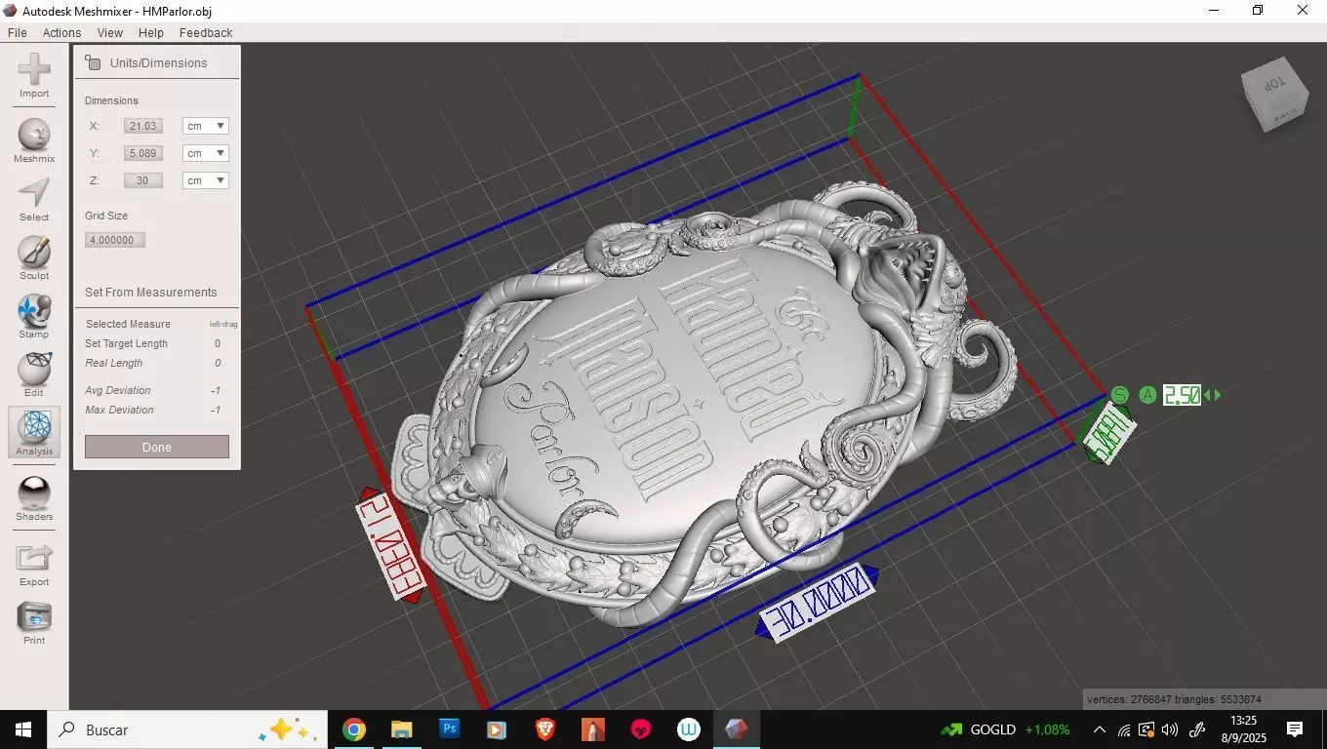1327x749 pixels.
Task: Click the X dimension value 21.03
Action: pyautogui.click(x=143, y=126)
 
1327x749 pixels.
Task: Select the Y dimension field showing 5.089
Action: pyautogui.click(x=143, y=153)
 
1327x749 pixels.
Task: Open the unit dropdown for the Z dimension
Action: pyautogui.click(x=206, y=180)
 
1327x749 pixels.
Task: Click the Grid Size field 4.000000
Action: pyautogui.click(x=115, y=240)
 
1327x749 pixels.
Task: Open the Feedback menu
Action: pyautogui.click(x=206, y=32)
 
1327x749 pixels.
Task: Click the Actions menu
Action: pyautogui.click(x=61, y=32)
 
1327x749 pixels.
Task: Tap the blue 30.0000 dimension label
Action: pyautogui.click(x=818, y=603)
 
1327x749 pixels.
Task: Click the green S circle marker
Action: pyautogui.click(x=1119, y=395)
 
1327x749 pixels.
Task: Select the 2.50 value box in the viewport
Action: pyautogui.click(x=1182, y=395)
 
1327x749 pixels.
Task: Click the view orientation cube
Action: pyautogui.click(x=1274, y=95)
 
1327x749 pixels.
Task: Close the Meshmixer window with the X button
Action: pyautogui.click(x=1303, y=11)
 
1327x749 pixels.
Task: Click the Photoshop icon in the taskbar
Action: pyautogui.click(x=449, y=729)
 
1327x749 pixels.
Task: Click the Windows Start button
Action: pyautogui.click(x=23, y=729)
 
